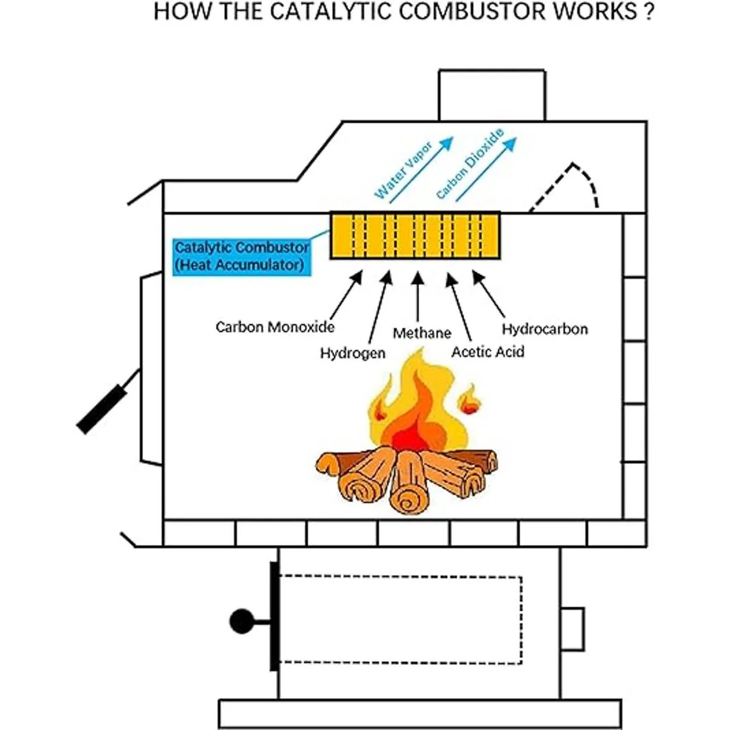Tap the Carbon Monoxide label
(275, 327)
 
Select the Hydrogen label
(353, 353)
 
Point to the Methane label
(422, 333)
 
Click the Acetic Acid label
(488, 352)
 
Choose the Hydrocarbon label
(544, 329)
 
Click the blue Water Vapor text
(403, 170)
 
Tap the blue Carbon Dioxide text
(470, 163)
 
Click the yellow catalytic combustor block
(415, 235)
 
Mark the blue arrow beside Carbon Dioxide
(487, 169)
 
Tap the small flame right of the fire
(469, 400)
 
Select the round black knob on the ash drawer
(242, 621)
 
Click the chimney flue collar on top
(492, 96)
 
